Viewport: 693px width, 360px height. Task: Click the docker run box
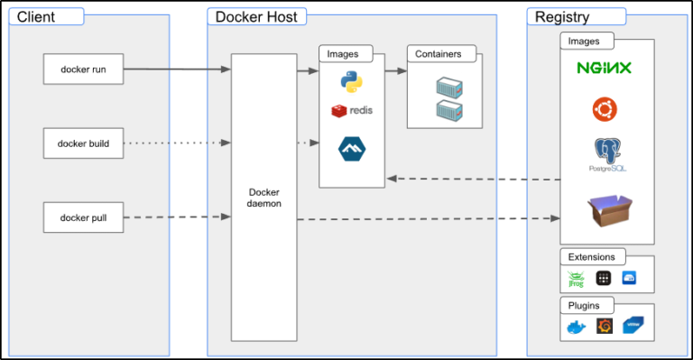83,69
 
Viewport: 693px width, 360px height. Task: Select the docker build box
83,143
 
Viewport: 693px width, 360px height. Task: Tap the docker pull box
83,217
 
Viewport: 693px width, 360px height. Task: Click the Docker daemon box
264,198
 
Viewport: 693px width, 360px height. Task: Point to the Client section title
37,16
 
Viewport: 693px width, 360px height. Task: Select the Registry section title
562,16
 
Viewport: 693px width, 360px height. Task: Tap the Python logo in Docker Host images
351,83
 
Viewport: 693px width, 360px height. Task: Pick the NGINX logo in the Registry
605,68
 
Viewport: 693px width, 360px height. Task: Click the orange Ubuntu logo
605,109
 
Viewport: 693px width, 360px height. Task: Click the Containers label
439,54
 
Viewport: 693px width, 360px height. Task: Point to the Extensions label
593,257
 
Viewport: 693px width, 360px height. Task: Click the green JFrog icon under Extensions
577,279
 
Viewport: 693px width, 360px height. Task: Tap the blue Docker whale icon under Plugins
577,327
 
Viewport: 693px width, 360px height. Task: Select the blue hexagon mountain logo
351,149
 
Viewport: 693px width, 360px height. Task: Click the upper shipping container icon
448,88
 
